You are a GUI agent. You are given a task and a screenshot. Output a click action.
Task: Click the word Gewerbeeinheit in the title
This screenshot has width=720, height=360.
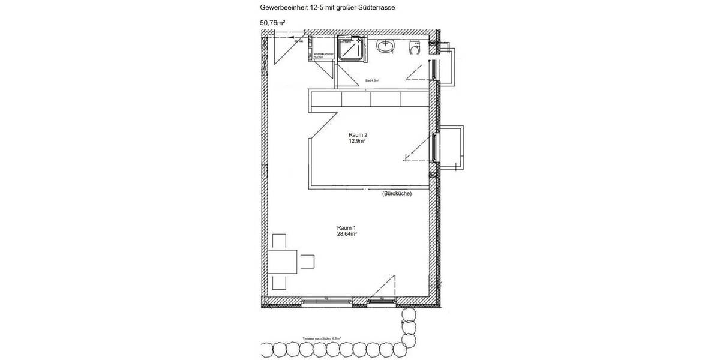tap(281, 8)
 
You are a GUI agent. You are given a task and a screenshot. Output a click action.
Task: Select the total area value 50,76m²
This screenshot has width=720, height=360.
tap(272, 24)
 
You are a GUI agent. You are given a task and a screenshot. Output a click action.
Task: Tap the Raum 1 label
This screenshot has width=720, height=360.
tap(346, 227)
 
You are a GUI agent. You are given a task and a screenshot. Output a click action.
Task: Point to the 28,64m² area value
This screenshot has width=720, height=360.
tap(347, 235)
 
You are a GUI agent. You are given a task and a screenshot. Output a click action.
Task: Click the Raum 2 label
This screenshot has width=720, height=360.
tap(358, 135)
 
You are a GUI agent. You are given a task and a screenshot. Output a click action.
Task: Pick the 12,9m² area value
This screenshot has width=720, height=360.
tap(358, 142)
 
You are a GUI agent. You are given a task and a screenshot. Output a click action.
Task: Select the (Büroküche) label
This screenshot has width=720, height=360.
tap(397, 194)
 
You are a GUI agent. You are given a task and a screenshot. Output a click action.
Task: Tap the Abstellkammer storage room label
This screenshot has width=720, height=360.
tap(323, 55)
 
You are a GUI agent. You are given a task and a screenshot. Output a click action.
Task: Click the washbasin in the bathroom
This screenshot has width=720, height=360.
tap(385, 46)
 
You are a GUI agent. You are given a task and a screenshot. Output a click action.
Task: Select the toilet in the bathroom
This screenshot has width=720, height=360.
tap(414, 46)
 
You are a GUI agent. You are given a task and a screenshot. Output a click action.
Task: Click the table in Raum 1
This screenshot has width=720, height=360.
tap(283, 262)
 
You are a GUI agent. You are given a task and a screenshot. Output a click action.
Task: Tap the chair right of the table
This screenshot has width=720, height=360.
tap(307, 262)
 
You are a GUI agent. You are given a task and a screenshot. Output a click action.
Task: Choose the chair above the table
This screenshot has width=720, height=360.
tap(280, 241)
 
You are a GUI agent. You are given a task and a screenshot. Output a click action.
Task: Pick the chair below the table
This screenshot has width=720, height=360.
tap(280, 282)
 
